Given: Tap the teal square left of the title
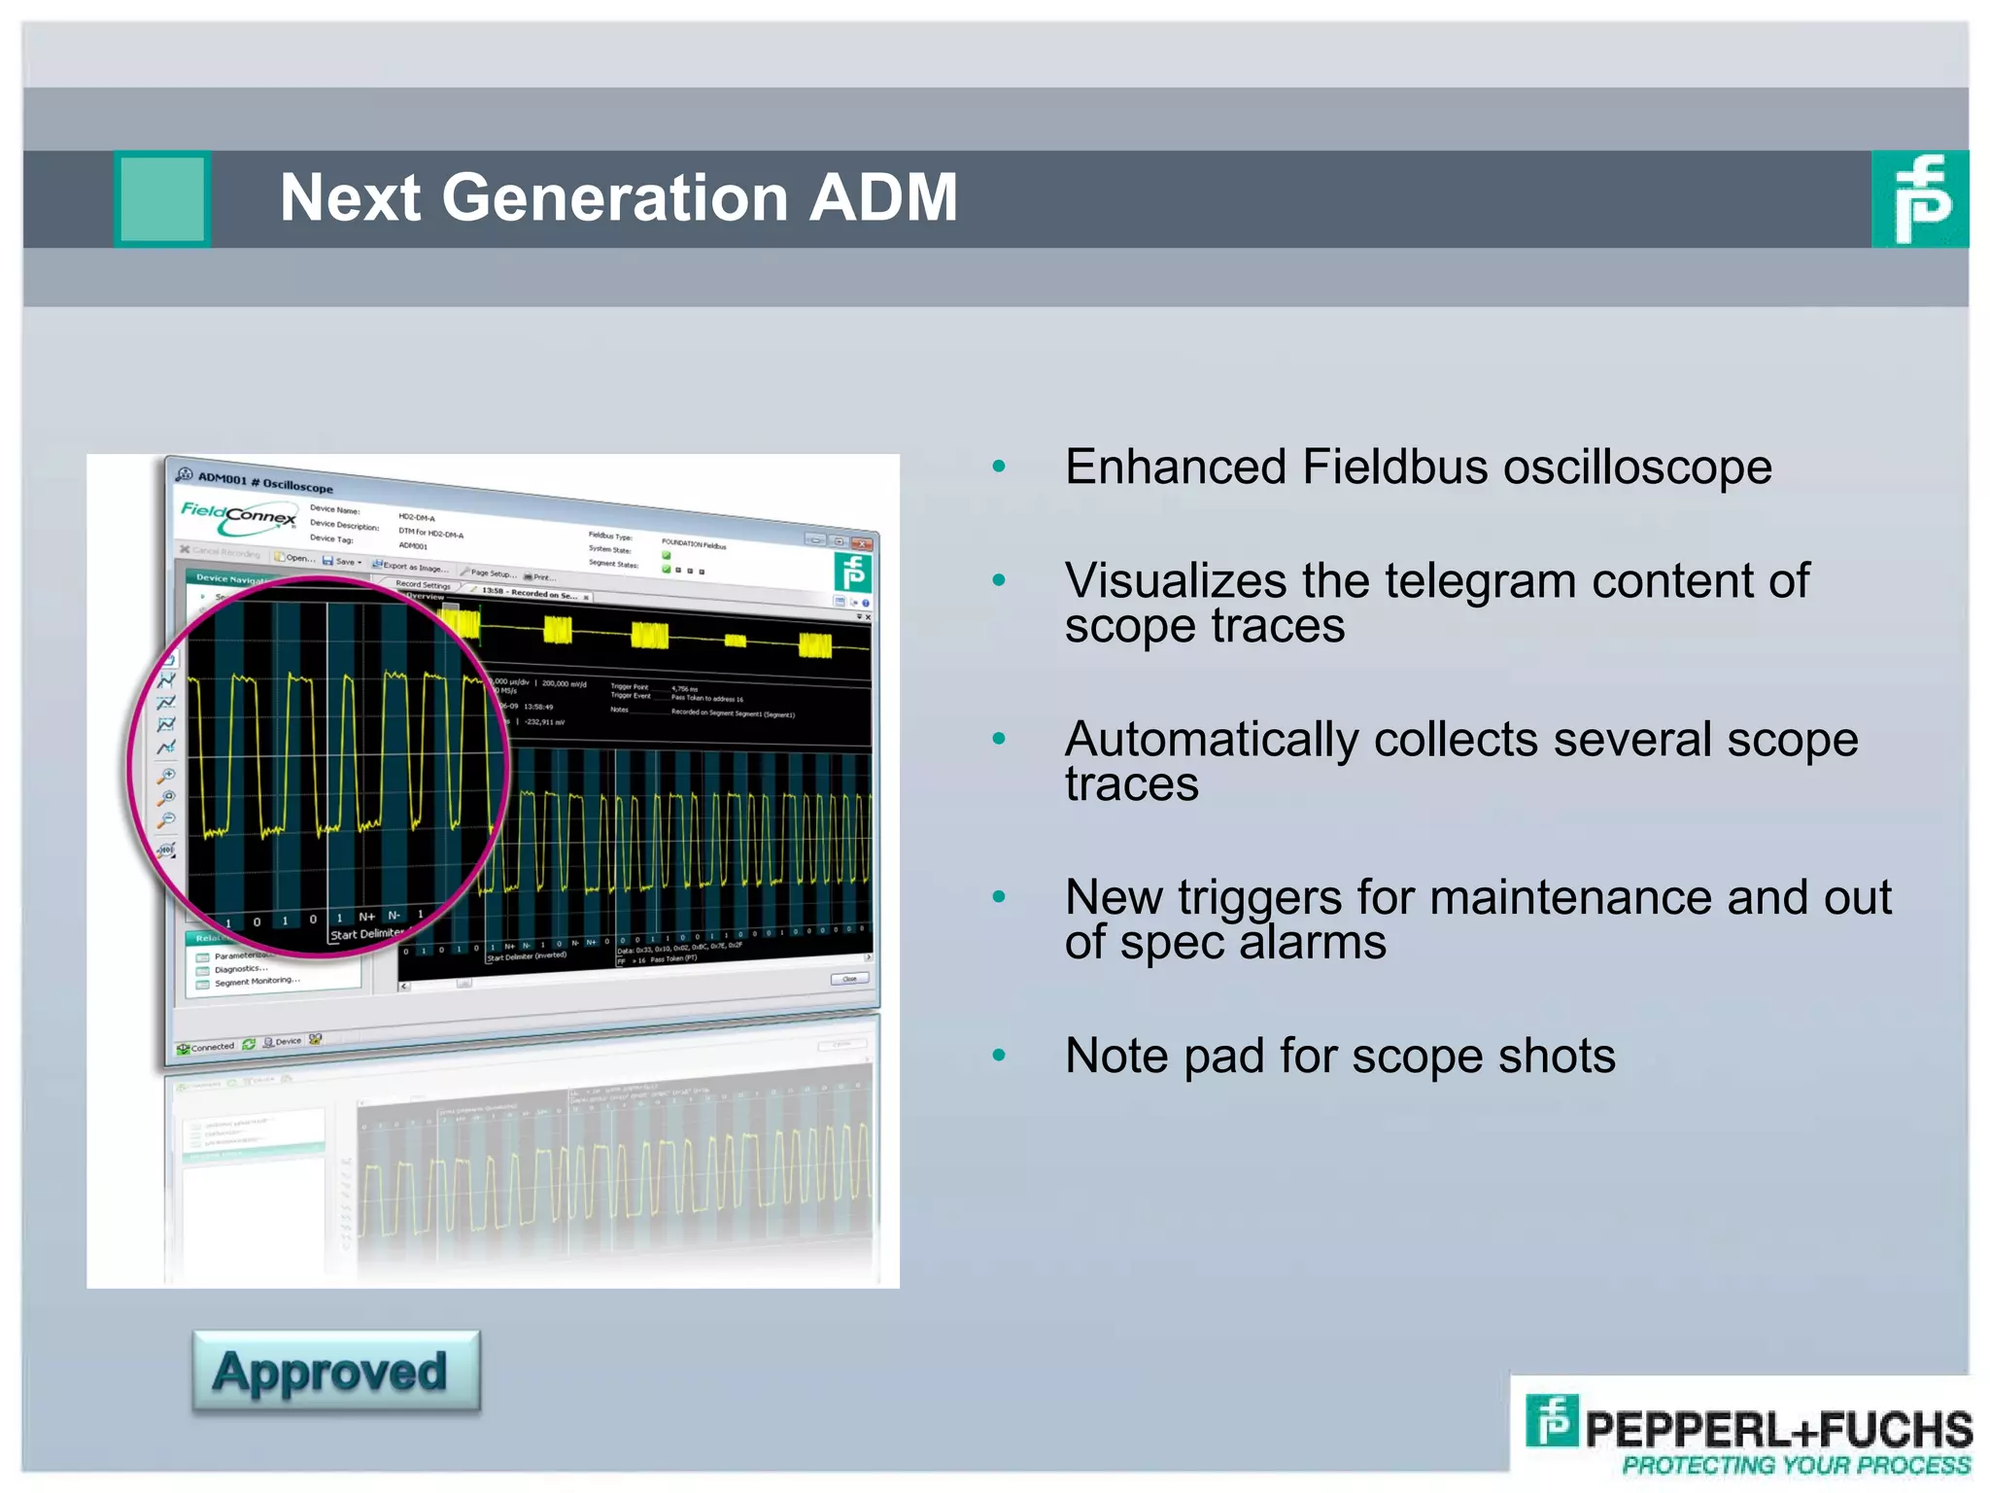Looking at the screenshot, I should [x=162, y=198].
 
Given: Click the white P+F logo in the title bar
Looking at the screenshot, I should [x=1920, y=198].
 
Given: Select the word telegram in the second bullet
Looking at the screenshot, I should [x=1473, y=581].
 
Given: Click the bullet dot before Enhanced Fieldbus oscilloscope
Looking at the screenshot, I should [x=998, y=468].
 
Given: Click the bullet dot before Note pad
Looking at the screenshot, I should [x=998, y=1056].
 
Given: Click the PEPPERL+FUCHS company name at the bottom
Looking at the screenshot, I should [x=1777, y=1429].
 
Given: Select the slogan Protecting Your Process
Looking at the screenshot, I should [x=1796, y=1466].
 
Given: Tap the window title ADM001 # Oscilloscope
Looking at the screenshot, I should [x=264, y=481].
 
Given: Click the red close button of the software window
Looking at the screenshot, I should [x=861, y=543].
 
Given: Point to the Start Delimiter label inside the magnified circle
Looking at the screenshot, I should [x=366, y=934].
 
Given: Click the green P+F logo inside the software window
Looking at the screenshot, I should [x=852, y=573].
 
